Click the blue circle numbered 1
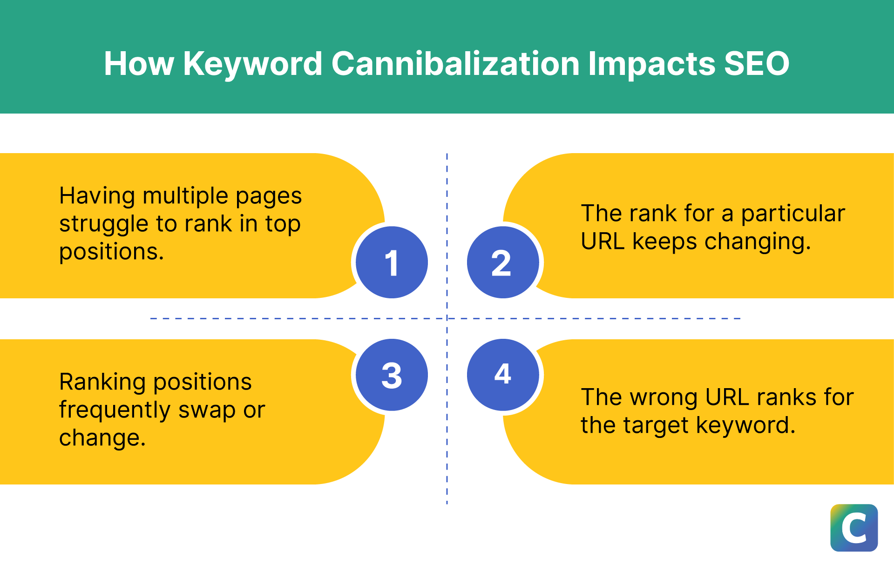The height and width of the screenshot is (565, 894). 392,262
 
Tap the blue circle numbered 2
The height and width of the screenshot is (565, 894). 502,262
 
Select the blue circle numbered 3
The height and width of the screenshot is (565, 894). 392,375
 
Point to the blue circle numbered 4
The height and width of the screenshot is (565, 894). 502,375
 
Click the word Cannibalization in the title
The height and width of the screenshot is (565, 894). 455,63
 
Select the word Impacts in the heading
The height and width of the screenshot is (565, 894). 651,63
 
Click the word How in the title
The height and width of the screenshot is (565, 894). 139,63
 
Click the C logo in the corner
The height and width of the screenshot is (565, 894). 854,528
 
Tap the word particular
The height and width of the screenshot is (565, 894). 792,214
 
